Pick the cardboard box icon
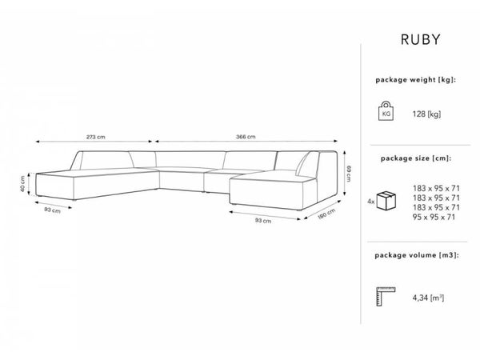click(x=389, y=200)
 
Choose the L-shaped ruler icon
click(x=386, y=297)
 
